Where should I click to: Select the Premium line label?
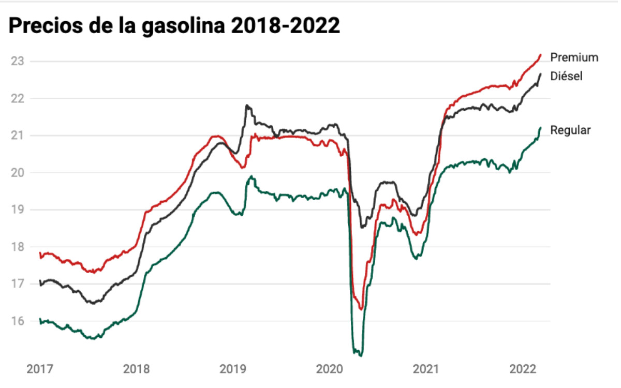coord(574,57)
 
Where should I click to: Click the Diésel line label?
coord(566,76)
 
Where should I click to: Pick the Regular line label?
coord(570,130)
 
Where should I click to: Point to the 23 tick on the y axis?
coord(17,61)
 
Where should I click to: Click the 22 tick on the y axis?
coord(17,98)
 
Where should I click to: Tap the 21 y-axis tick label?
coord(17,136)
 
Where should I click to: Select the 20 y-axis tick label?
coord(17,173)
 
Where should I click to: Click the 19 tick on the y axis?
coord(17,210)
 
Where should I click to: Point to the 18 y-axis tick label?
coord(17,247)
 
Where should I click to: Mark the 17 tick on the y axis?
coord(17,284)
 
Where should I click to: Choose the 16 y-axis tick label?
coord(17,321)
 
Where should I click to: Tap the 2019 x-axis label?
coord(233,369)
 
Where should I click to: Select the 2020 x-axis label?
coord(329,369)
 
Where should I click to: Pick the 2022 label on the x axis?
coord(522,369)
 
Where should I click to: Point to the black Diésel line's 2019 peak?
coord(247,106)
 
